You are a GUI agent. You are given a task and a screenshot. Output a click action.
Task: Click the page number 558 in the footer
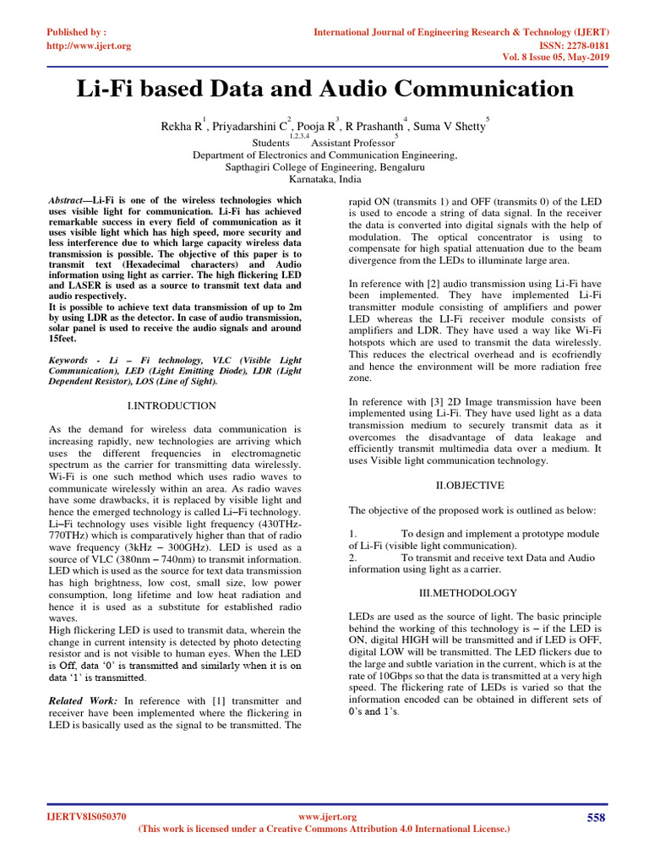[596, 817]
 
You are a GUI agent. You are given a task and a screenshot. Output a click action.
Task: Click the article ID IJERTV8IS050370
[86, 817]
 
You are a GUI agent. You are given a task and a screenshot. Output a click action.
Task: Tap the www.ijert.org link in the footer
[329, 817]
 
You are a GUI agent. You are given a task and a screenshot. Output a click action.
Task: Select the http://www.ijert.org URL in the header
[89, 46]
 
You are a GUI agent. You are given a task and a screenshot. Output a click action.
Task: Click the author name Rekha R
[181, 127]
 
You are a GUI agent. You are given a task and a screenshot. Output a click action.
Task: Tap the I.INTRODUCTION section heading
[172, 405]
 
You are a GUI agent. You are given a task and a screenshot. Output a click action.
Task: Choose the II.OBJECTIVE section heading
[469, 486]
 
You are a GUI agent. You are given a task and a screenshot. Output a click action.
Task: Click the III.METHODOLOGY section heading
[469, 593]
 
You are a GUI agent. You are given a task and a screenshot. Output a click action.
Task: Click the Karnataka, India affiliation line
[324, 180]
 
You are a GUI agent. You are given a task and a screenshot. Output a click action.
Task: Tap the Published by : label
[76, 32]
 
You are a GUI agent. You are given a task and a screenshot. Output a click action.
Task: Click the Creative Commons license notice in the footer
[324, 830]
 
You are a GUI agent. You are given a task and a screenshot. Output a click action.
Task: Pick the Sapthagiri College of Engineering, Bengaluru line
[324, 167]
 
